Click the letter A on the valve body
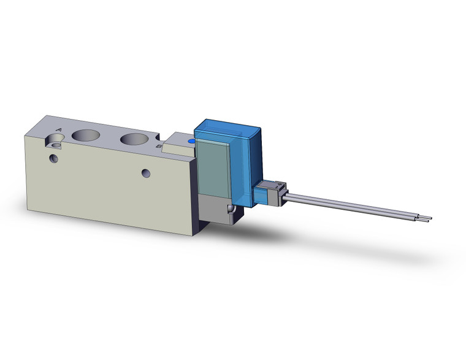point(58,130)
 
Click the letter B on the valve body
point(159,147)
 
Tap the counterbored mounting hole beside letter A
point(57,145)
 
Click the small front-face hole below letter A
point(54,158)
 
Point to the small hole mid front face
point(145,172)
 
